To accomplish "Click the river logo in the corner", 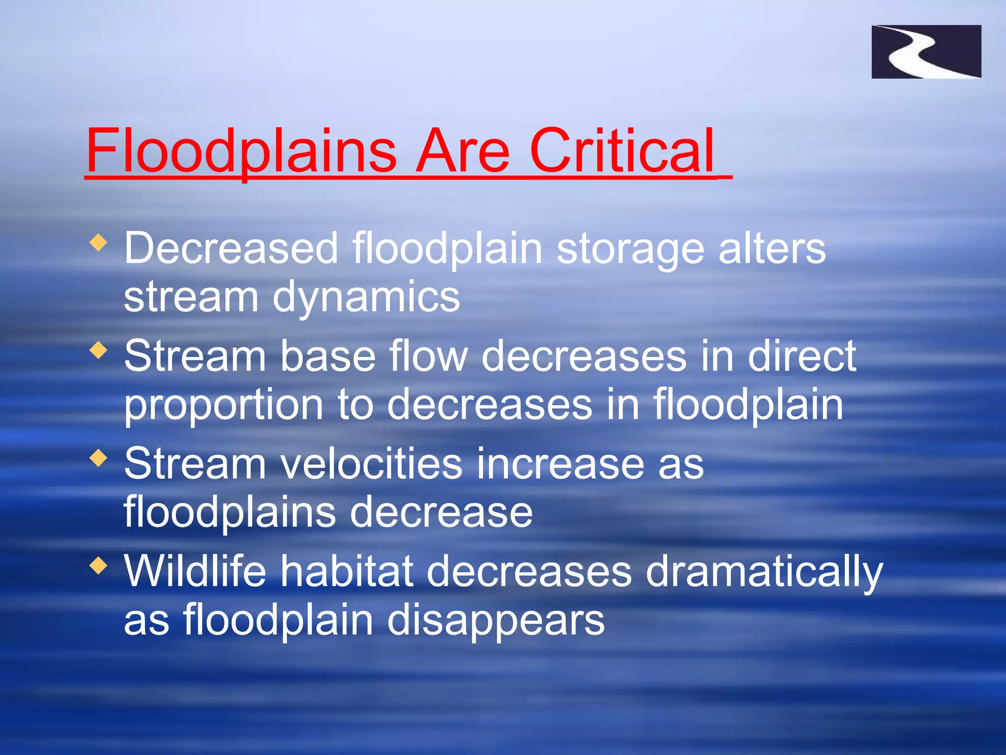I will [x=926, y=52].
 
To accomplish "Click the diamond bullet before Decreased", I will [x=99, y=242].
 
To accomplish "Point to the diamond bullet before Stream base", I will [x=99, y=350].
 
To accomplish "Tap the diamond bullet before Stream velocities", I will [x=99, y=458].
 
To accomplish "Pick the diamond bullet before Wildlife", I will [x=99, y=566].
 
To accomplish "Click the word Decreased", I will [x=231, y=248].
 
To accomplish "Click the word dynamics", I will [x=366, y=297].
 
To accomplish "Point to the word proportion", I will [x=224, y=406].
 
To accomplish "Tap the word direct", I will [x=802, y=356].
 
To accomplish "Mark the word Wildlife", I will [x=195, y=571].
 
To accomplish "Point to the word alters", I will [x=772, y=248].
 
